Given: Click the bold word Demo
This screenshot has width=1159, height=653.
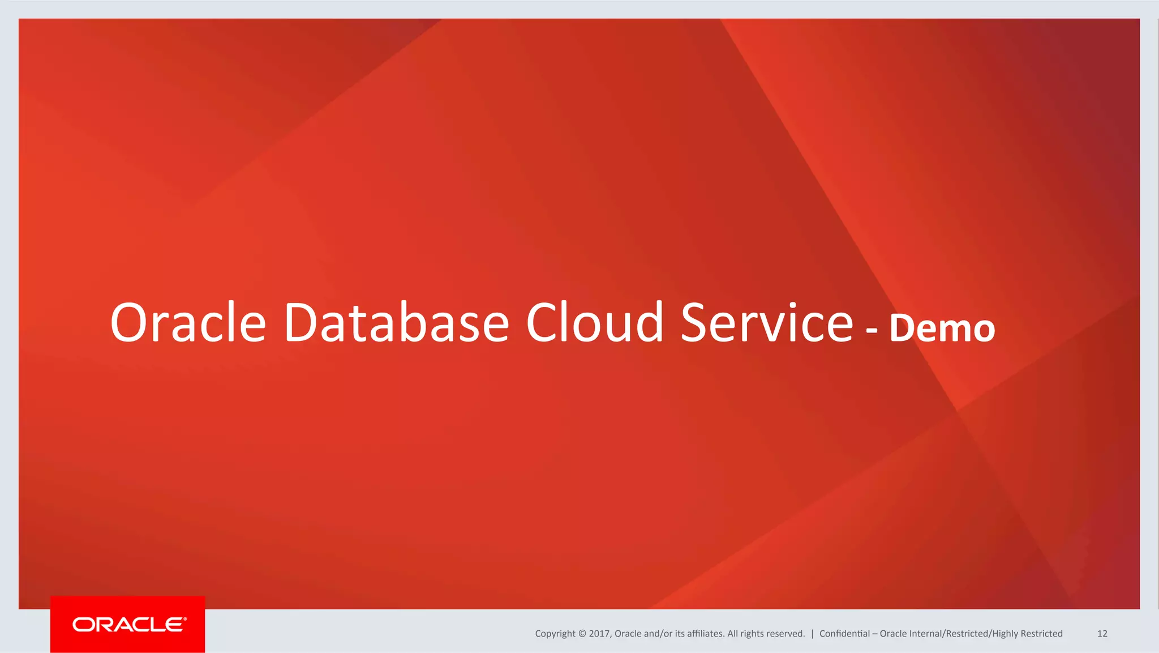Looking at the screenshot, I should coord(942,328).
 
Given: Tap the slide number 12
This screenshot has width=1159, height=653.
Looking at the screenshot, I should coord(1102,634).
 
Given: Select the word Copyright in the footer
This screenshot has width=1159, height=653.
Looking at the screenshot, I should coord(555,634).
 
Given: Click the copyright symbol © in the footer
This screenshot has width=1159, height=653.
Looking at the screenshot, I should coord(582,634).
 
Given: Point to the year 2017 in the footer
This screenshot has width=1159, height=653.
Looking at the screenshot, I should coord(599,634).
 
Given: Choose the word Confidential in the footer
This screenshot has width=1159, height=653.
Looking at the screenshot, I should coord(844,634).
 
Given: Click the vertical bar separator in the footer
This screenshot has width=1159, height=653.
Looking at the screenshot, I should coord(812,634).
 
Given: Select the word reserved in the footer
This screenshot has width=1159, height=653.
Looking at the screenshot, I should coord(786,634).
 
